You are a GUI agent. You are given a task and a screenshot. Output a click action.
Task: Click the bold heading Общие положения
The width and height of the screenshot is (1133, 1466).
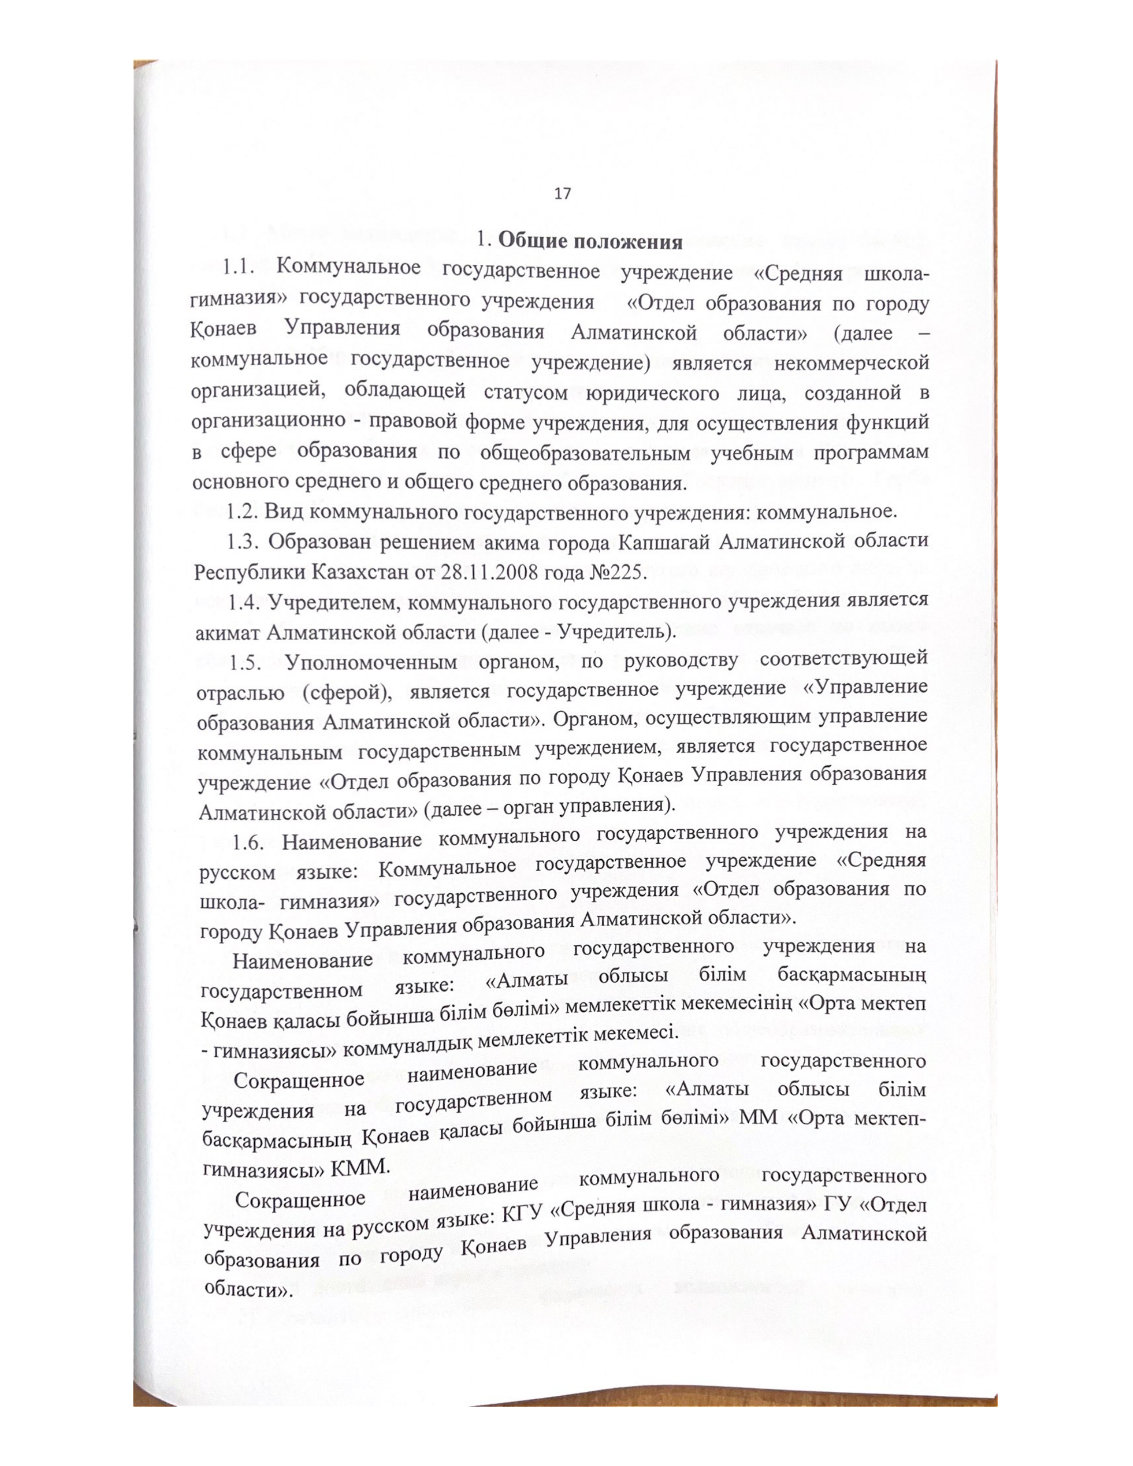590,241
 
